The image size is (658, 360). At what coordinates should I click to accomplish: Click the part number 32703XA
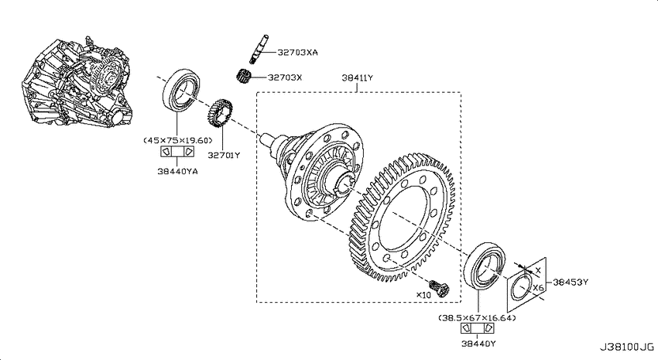(297, 53)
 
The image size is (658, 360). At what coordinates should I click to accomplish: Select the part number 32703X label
(285, 77)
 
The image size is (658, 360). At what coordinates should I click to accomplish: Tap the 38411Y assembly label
(357, 77)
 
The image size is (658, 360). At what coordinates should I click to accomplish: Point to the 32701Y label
(224, 156)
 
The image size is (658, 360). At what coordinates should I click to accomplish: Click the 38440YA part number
(177, 171)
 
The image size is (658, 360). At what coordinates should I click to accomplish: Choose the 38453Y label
(571, 283)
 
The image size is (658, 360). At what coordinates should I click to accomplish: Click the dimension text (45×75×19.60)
(178, 141)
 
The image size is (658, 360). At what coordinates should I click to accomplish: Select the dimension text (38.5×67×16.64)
(477, 318)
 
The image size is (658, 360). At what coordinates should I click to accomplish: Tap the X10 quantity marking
(423, 295)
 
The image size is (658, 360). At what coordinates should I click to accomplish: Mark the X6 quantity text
(539, 288)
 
